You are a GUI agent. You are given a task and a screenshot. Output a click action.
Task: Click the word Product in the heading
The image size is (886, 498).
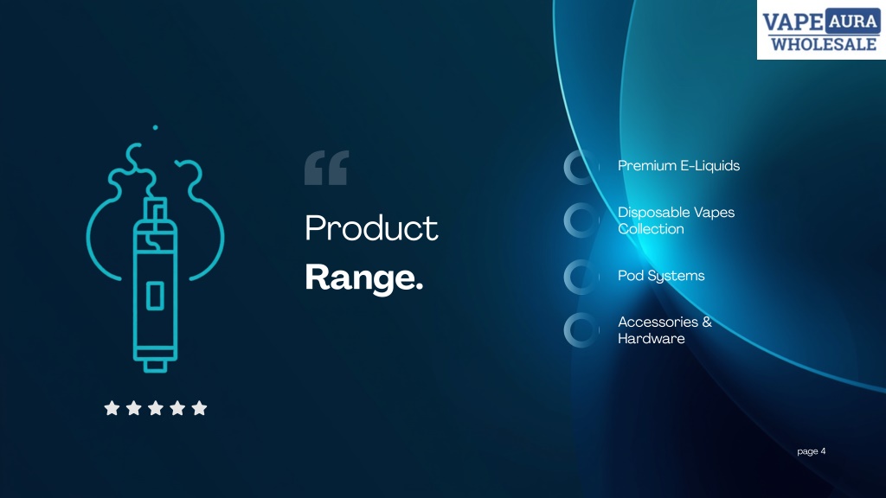371,228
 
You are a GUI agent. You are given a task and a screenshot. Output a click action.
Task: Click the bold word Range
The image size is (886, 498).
364,278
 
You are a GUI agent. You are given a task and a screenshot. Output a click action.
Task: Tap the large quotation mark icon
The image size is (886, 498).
326,168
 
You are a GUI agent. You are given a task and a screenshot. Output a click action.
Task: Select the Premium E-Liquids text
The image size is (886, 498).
678,165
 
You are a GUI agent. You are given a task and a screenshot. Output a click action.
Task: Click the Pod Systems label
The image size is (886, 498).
661,276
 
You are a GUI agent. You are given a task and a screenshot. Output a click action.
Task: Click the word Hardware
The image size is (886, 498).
651,338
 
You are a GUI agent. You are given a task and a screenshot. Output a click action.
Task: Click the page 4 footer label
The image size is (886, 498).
812,451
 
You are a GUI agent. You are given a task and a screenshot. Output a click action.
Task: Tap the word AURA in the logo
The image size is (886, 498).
852,22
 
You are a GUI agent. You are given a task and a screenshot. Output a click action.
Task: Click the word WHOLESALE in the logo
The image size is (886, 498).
824,44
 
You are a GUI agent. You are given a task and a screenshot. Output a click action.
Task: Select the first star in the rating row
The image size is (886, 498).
112,408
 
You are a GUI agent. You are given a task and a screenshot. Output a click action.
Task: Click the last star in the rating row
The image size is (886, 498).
199,408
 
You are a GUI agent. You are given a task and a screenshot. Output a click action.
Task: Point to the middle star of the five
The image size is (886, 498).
156,408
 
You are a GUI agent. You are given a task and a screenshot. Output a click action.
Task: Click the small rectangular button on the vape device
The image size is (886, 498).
156,296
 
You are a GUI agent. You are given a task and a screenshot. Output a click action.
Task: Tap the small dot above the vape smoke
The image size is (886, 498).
156,128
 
